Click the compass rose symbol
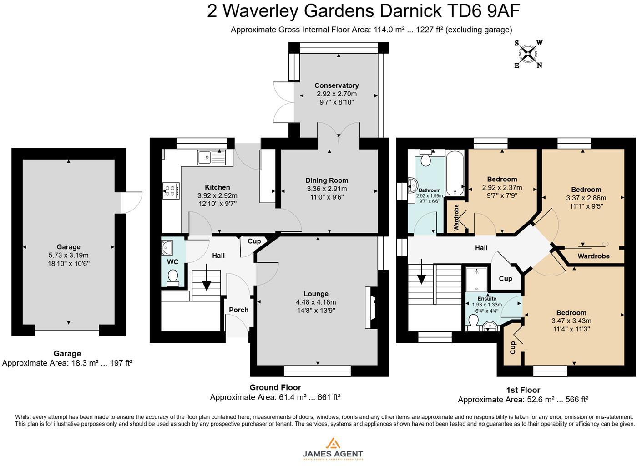528,54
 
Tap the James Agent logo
333,449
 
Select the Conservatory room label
337,85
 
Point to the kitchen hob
172,190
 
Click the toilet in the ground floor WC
173,277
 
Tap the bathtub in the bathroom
455,173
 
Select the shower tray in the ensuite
476,279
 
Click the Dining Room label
327,180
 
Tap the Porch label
238,310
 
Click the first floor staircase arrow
422,271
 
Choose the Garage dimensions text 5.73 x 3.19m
68,255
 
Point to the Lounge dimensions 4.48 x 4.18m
316,302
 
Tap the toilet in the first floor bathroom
427,159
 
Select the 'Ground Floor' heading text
275,387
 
